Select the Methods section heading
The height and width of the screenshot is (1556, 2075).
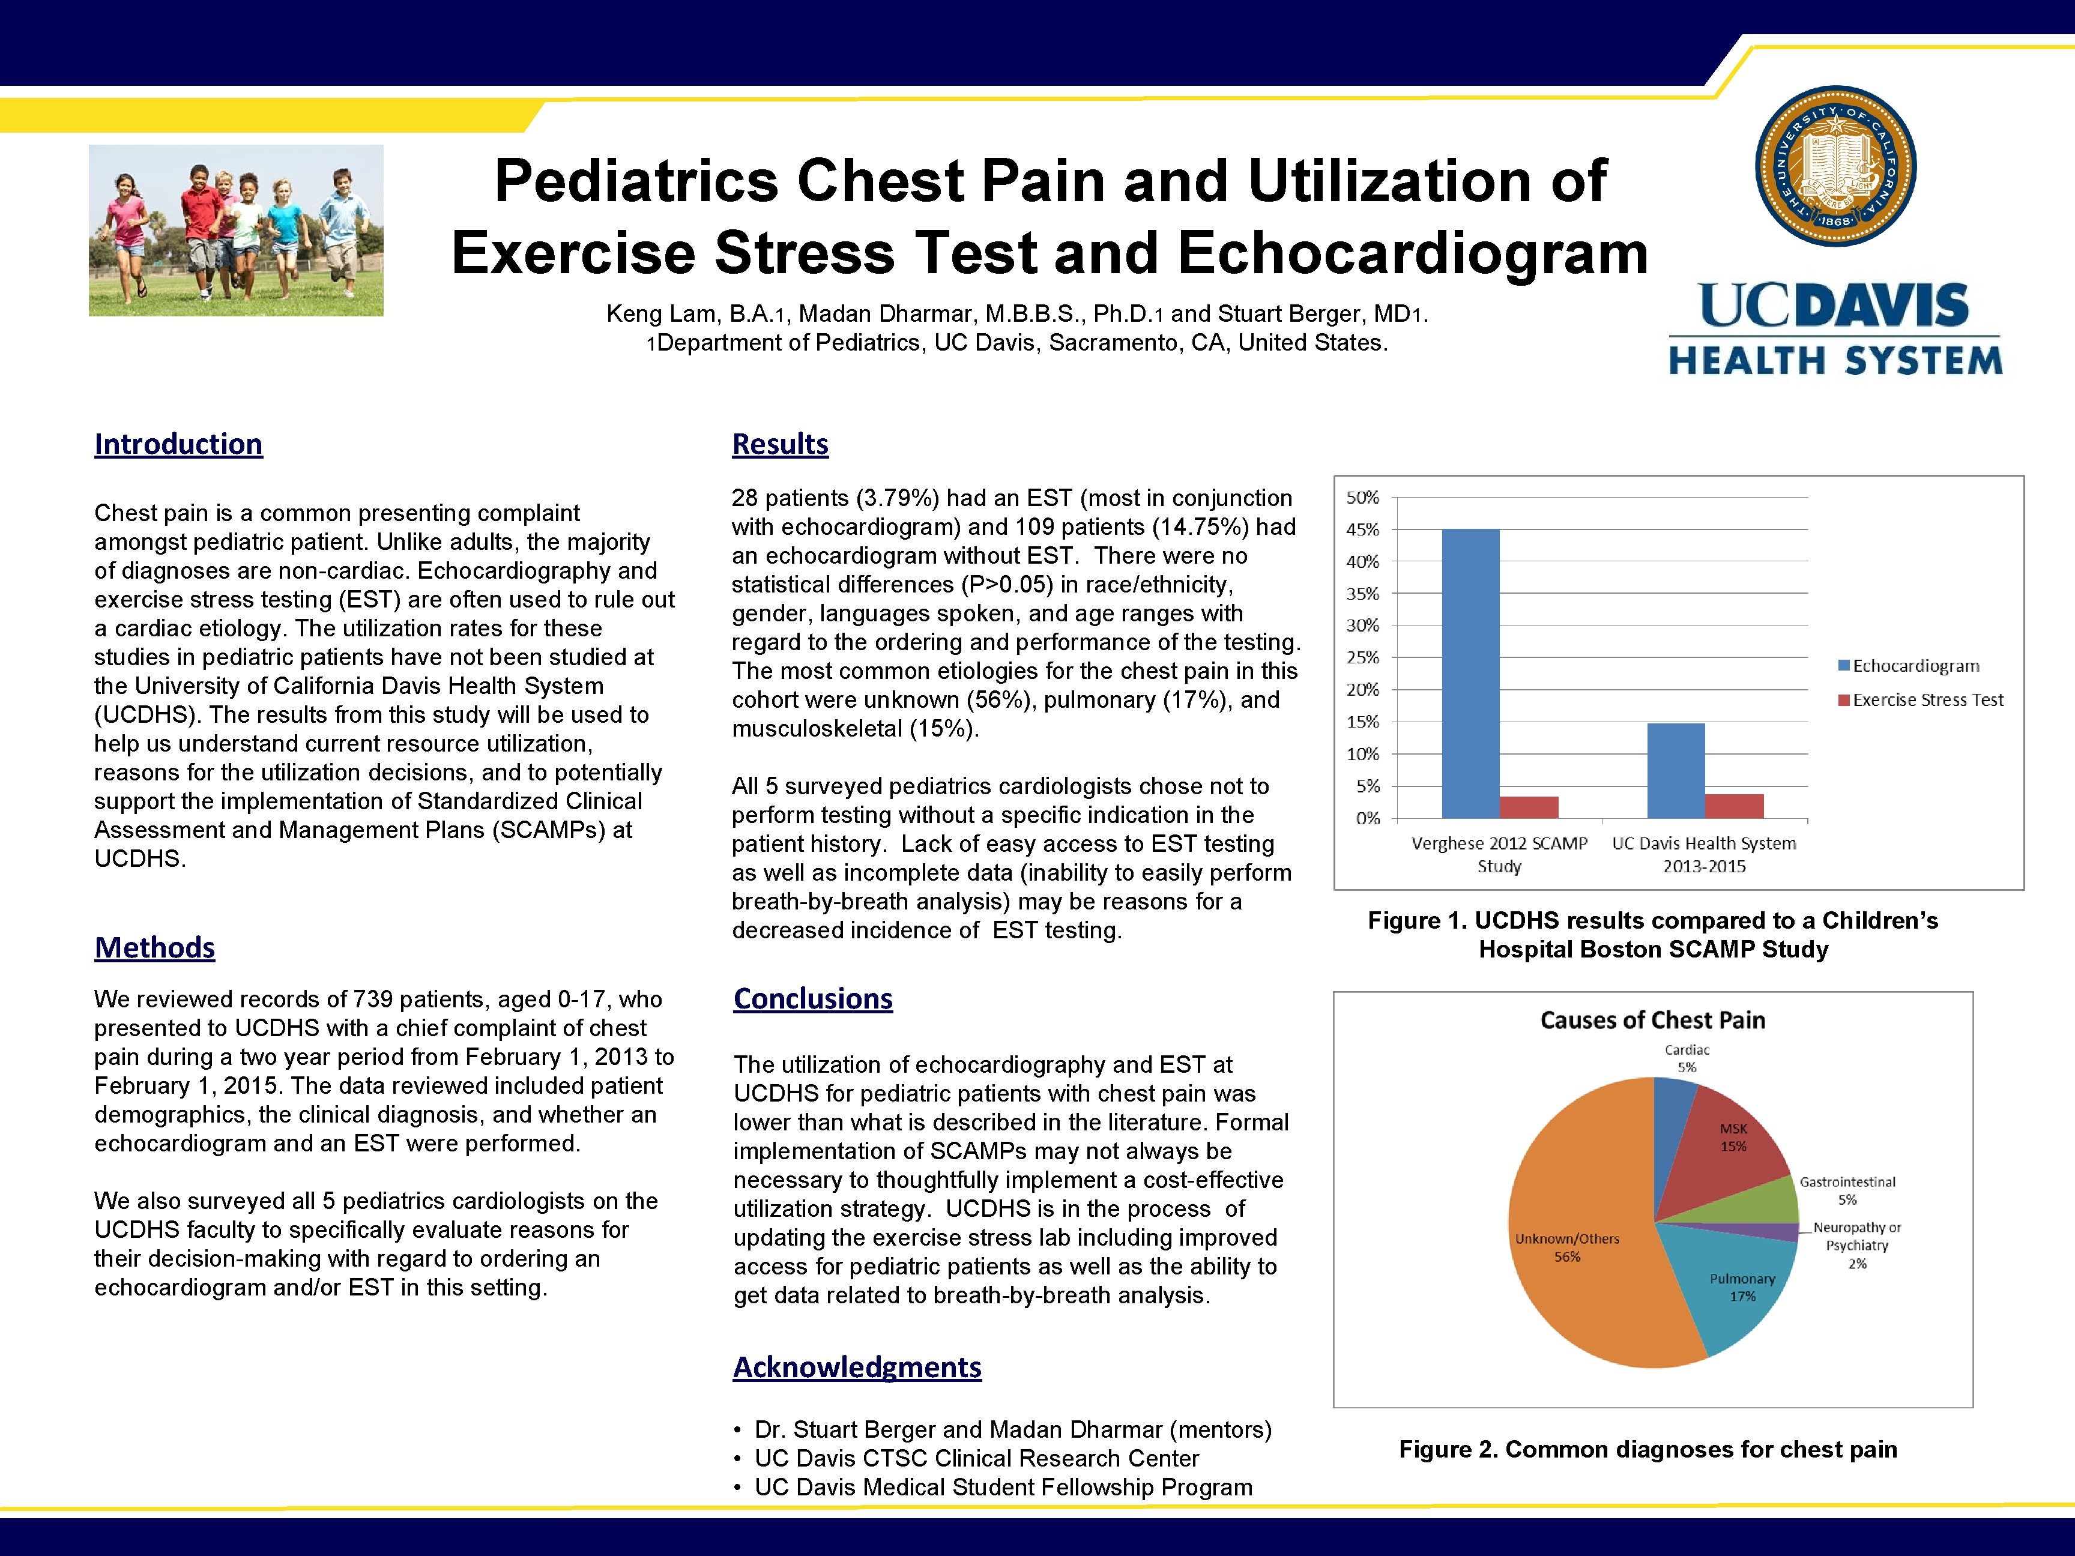155,947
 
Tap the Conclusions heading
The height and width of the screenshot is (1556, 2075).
812,999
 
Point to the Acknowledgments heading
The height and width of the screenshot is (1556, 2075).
856,1368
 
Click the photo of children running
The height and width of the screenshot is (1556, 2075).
235,230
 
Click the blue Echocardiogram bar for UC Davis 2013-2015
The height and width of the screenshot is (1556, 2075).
1675,770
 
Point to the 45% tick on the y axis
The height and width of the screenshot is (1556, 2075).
1363,530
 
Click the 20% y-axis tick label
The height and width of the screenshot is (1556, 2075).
1363,689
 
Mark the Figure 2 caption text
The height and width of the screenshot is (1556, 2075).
1648,1449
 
